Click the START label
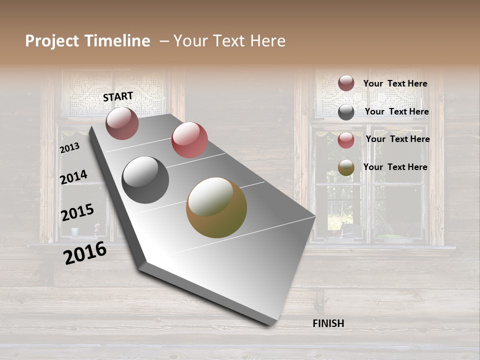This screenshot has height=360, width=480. (118, 96)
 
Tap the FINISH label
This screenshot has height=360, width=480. (328, 323)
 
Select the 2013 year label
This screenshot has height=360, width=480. (69, 148)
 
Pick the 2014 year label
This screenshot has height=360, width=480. (73, 177)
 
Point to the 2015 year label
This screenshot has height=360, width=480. (77, 212)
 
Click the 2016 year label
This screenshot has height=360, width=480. (85, 252)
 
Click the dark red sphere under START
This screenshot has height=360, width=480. (122, 123)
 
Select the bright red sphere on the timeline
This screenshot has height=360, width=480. (189, 140)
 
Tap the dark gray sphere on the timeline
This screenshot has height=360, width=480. (145, 180)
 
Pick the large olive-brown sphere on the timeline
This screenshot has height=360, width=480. (216, 207)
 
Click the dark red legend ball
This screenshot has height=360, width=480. (346, 83)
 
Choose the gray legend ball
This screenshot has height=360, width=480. (346, 112)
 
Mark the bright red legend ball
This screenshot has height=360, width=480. (346, 140)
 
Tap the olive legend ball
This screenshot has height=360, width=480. (346, 168)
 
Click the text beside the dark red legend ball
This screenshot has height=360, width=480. (395, 83)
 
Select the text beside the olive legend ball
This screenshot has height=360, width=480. (395, 167)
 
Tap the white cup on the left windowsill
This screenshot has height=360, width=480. (75, 231)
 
